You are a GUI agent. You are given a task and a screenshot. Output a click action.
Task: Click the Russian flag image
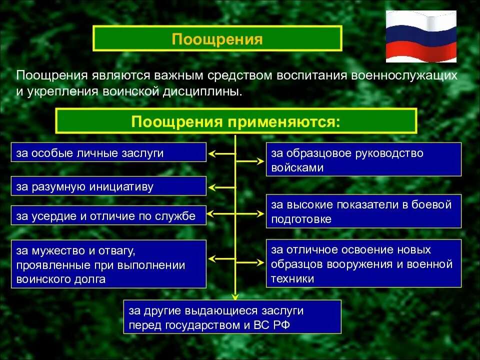tap(421, 36)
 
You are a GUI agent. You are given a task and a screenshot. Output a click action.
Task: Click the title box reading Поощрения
tap(217, 39)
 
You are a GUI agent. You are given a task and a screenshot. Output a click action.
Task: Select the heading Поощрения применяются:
tap(236, 121)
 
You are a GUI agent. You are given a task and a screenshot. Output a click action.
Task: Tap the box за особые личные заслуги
tap(108, 152)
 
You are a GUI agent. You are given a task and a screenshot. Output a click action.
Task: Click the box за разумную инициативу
tap(108, 186)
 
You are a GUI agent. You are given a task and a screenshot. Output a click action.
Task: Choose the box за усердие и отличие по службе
tap(108, 215)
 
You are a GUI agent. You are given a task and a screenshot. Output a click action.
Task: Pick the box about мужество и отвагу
tap(108, 264)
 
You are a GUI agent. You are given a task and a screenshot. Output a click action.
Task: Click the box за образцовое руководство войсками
tap(363, 160)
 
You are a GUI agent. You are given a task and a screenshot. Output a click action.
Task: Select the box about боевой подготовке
tap(363, 211)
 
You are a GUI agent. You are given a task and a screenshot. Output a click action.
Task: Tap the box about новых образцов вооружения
tap(363, 263)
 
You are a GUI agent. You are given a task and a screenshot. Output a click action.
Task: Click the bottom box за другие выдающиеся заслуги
tap(232, 317)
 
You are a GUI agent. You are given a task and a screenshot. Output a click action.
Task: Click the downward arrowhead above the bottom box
tap(234, 295)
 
